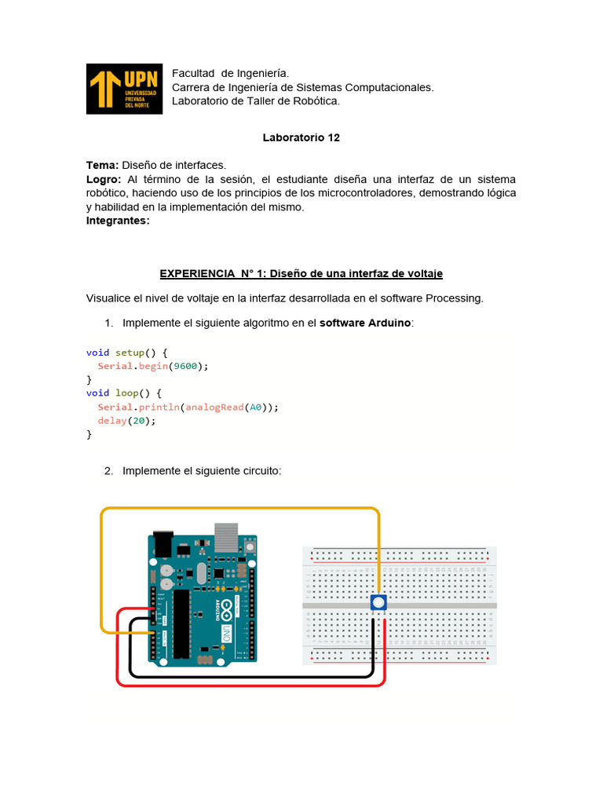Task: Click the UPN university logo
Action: tap(124, 89)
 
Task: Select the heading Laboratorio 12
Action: tap(301, 137)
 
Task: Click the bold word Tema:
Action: tap(102, 165)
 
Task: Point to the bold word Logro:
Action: tap(104, 179)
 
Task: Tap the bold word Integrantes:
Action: tap(118, 221)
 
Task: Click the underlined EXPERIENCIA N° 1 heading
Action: tap(301, 273)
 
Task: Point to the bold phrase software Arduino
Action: tap(365, 323)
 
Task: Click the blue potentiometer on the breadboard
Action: tap(378, 603)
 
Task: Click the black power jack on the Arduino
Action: tap(162, 545)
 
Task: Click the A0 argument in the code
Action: tap(255, 407)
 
